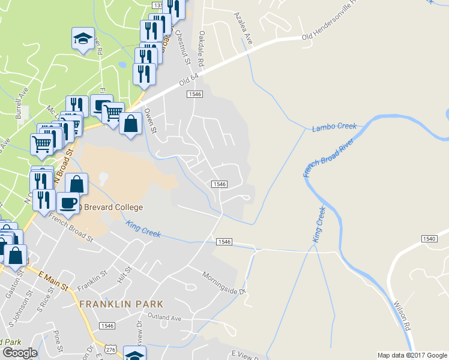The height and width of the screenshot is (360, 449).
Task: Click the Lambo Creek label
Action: pos(334,127)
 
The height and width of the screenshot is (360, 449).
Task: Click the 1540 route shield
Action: pos(429,239)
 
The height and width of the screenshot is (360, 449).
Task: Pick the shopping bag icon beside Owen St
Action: pos(130,124)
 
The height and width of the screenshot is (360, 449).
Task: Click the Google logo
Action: pos(20,353)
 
